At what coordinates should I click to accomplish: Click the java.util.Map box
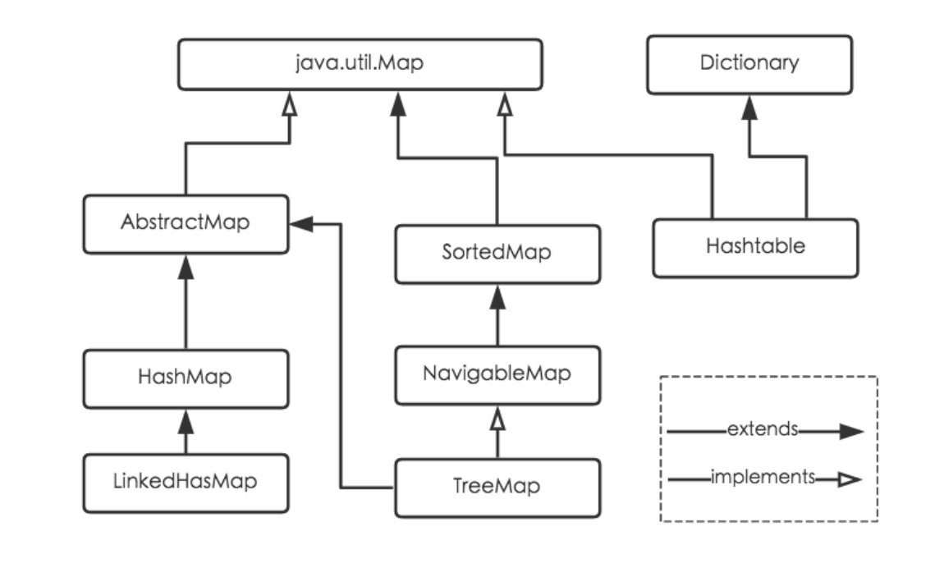[x=360, y=64]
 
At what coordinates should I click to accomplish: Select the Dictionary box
[x=748, y=64]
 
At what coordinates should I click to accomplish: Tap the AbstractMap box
[x=186, y=222]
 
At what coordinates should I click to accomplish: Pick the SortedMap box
[x=496, y=254]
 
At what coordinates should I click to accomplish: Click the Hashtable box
[x=755, y=246]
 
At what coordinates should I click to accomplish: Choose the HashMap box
[x=186, y=378]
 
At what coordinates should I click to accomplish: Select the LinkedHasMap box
[x=186, y=482]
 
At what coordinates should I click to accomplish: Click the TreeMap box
[x=496, y=488]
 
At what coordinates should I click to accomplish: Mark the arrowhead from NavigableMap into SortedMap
[x=496, y=296]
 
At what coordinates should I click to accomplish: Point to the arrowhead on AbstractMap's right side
[x=301, y=222]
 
